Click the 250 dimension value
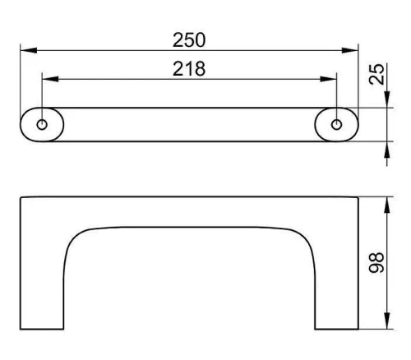pos(189,40)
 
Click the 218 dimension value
pos(189,68)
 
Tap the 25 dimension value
pos(376,74)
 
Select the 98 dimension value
pos(376,262)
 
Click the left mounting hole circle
pos(42,125)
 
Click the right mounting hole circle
pos(336,125)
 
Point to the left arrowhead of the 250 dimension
pos(29,50)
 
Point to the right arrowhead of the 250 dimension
pos(350,50)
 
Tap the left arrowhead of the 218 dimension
pos(50,79)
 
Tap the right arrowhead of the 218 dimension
pos(328,79)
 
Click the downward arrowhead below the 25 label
pos(387,99)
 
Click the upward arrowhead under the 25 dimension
pos(387,150)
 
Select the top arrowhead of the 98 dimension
pos(387,205)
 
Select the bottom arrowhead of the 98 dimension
pos(387,321)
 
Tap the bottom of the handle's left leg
pos(42,329)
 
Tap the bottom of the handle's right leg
pos(336,329)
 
